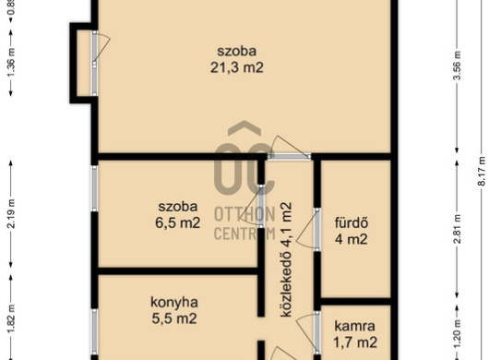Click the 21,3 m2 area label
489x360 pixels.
(237, 67)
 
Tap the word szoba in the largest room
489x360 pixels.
(237, 51)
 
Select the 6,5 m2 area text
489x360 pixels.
(178, 222)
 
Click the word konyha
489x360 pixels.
(174, 302)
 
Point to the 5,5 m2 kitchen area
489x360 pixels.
(174, 318)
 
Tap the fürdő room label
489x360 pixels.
(352, 222)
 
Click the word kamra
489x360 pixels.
(354, 326)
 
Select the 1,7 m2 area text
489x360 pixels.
(355, 342)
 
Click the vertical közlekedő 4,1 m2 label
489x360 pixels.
(286, 259)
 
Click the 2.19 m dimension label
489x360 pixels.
(11, 214)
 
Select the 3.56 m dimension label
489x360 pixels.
(457, 66)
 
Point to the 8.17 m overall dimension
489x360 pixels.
(482, 172)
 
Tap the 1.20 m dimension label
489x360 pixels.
(458, 333)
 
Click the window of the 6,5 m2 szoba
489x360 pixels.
(95, 188)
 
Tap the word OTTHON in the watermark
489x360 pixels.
(244, 214)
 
